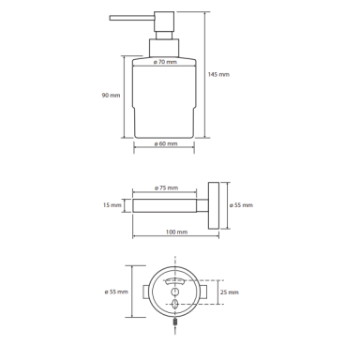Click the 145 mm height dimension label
point(218,74)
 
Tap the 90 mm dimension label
point(111,95)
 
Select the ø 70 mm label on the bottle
point(165,62)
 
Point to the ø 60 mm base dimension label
point(166,143)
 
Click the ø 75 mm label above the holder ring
point(166,187)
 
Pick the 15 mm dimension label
point(112,205)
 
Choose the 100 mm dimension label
point(176,232)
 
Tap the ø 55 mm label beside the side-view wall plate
point(241,205)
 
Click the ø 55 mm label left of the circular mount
point(116,292)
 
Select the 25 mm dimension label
point(230,292)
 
